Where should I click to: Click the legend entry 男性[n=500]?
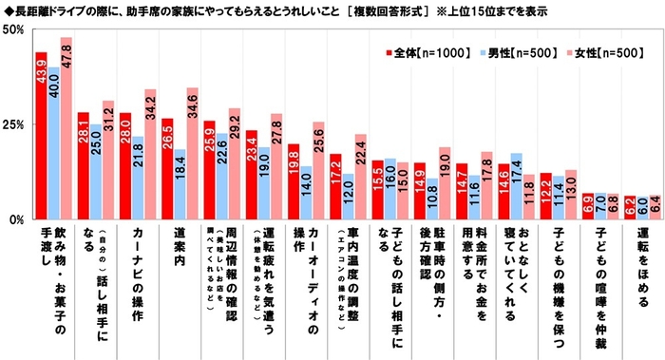(512, 52)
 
